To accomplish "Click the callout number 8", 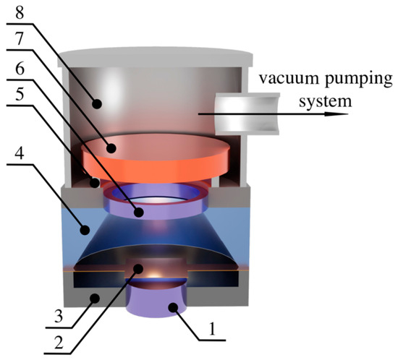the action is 20,12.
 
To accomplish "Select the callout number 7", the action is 20,39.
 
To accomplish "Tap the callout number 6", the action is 20,67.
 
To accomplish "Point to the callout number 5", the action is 20,94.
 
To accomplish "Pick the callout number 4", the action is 20,153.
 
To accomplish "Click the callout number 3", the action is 59,316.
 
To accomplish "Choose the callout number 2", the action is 59,343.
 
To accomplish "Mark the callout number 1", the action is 212,329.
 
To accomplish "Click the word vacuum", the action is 288,78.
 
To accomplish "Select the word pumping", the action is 359,80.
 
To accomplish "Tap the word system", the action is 325,102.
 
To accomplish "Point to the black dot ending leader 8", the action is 97,103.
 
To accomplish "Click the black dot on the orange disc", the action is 111,148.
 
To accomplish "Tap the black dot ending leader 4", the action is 85,230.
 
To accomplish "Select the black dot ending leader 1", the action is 174,307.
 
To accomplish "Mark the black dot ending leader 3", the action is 96,299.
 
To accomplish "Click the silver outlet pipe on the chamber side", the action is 247,113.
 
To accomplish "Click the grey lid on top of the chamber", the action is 155,57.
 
